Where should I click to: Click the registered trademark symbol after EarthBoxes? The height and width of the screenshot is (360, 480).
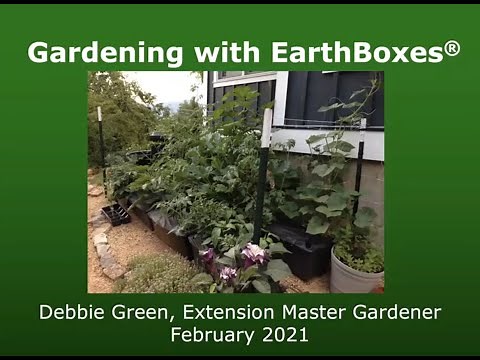452,47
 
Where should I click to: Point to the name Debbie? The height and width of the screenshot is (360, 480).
73,313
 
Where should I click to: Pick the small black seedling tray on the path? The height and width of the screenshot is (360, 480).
115,214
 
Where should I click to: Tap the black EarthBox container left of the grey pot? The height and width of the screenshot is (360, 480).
301,250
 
